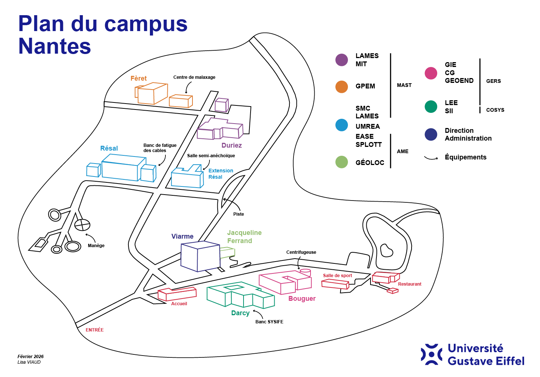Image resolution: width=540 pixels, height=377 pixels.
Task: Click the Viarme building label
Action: coord(182,236)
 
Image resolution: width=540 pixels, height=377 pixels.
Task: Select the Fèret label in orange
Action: coord(138,78)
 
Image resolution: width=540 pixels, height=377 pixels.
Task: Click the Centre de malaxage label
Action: coord(194,77)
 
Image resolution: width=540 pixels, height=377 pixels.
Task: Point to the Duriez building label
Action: coord(232,145)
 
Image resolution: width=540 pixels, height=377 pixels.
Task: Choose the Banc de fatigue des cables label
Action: coord(160,148)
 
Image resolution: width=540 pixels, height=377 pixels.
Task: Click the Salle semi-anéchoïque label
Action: coord(211,156)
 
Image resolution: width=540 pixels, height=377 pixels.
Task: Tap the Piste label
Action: coord(239,214)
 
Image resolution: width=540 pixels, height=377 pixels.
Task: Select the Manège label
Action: coord(96,246)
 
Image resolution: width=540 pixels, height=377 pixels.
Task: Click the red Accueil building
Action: coord(177,294)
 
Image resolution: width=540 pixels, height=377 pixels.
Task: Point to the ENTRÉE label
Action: coord(95,330)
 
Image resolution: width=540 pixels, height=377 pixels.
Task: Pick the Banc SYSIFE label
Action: coord(269,322)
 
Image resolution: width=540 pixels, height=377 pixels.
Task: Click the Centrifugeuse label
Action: coord(301,252)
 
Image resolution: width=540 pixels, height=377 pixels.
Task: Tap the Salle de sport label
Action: coord(338,276)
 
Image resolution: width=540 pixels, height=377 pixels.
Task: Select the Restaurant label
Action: coord(410,284)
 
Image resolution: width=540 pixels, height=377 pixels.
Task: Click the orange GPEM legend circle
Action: coord(342,87)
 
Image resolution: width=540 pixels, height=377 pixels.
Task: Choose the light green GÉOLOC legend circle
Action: coord(342,162)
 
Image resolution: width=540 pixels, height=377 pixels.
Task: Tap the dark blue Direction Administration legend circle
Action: coord(431,134)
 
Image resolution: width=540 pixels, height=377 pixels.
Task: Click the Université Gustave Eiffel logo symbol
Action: coord(431,354)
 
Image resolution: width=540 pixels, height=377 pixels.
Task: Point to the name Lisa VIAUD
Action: coord(29,362)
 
